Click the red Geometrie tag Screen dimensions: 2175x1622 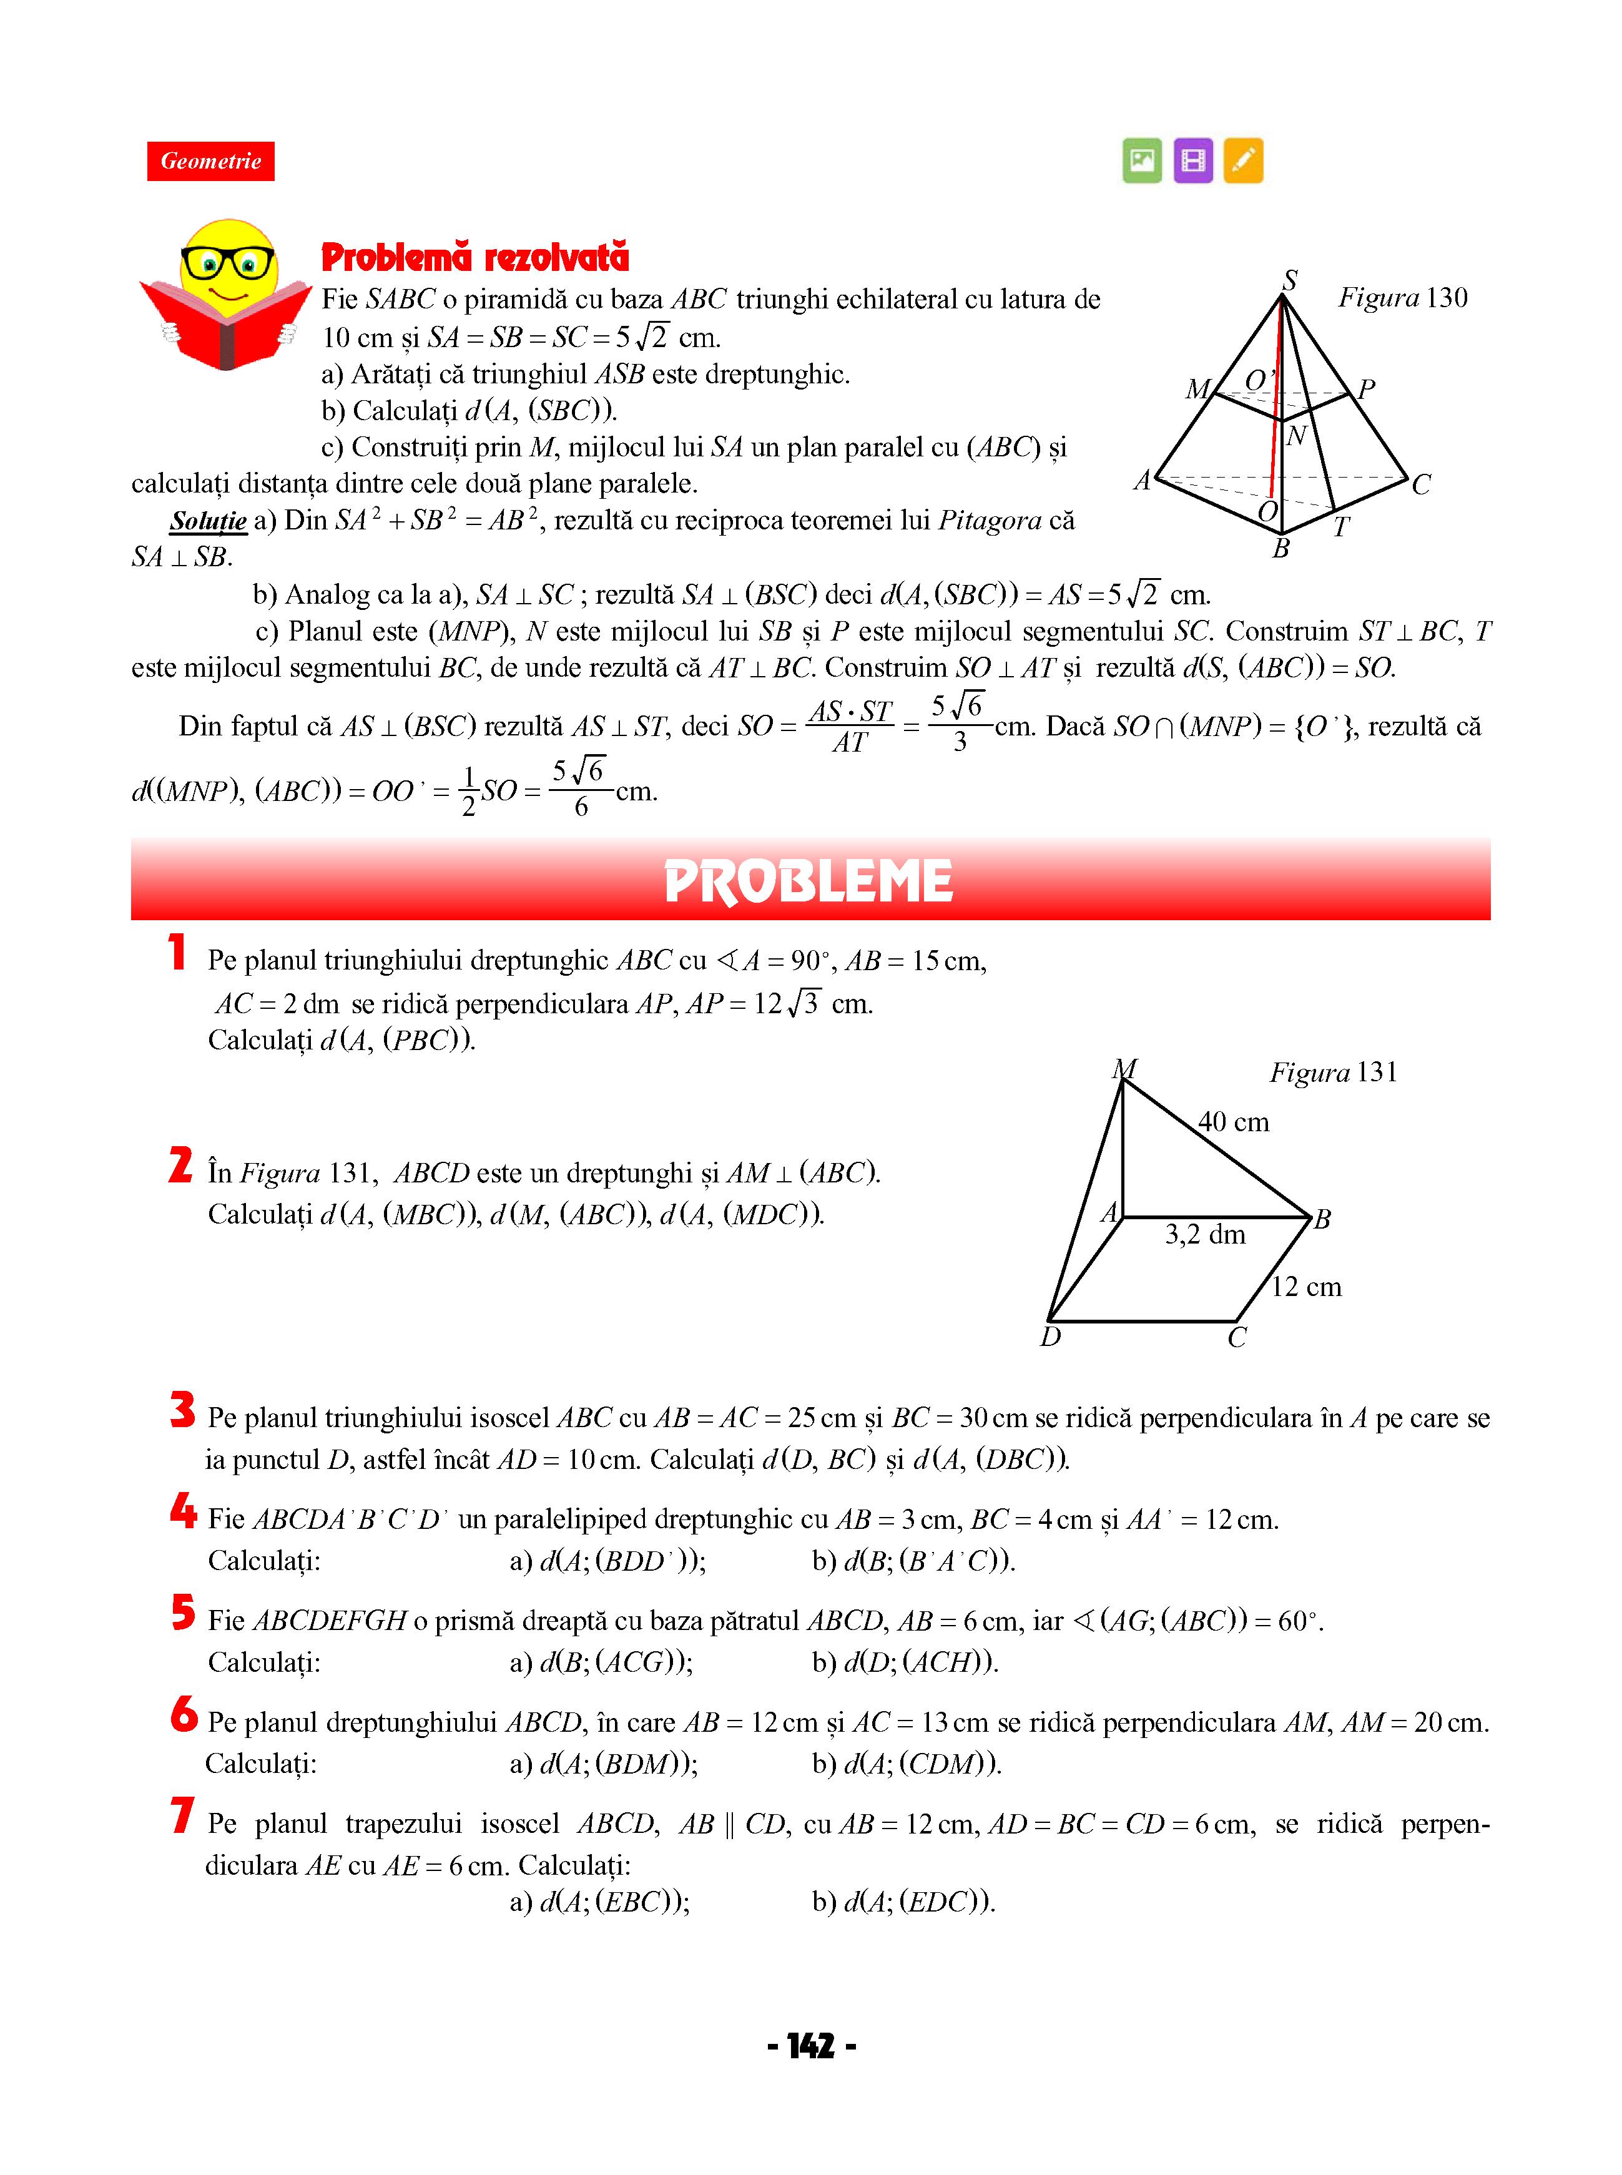[x=210, y=161]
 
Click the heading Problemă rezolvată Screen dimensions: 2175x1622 [x=475, y=257]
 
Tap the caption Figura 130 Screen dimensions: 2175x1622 [x=1402, y=297]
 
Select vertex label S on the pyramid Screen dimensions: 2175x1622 [x=1290, y=280]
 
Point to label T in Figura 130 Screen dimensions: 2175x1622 [x=1341, y=528]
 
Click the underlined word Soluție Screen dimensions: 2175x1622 [x=208, y=520]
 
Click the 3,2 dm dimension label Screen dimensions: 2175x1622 [x=1205, y=1235]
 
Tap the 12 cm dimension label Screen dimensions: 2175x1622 [x=1306, y=1287]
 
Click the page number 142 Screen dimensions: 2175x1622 [x=810, y=2046]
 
